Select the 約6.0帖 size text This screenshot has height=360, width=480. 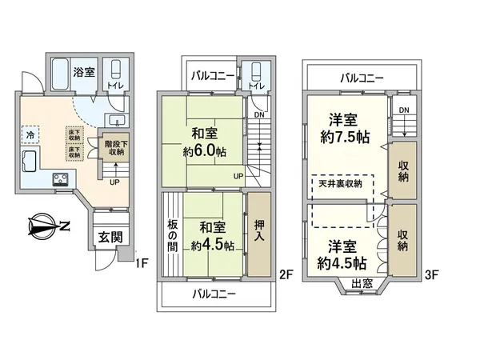click(204, 150)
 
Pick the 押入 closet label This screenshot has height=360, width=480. click(258, 231)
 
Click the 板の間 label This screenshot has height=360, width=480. click(172, 238)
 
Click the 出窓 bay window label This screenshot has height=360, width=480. click(362, 283)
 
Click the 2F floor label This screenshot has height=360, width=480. click(285, 274)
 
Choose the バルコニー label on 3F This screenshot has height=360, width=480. click(362, 78)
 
